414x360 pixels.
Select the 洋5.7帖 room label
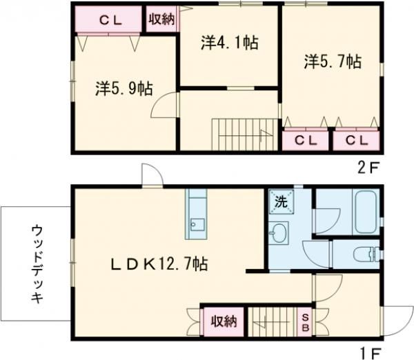(332, 62)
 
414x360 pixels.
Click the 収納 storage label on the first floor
(224, 321)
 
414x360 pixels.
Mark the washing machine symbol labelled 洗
(281, 203)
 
